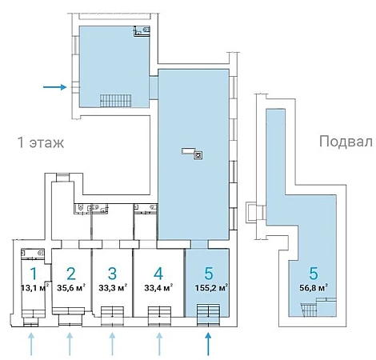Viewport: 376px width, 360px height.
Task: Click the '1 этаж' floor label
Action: click(x=41, y=142)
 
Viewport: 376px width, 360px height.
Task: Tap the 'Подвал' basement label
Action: click(x=346, y=142)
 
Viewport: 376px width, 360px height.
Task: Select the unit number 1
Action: click(x=34, y=273)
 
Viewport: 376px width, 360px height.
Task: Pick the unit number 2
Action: click(x=71, y=274)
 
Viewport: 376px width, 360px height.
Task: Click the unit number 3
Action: click(x=112, y=274)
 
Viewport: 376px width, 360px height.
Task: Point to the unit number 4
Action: click(x=158, y=274)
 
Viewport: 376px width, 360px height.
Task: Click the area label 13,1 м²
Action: click(x=34, y=288)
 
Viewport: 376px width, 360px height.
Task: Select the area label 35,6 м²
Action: click(x=71, y=288)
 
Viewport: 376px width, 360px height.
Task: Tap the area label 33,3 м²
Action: click(x=113, y=288)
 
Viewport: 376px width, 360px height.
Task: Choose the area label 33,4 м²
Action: click(x=158, y=288)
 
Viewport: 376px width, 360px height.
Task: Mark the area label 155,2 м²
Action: click(x=211, y=288)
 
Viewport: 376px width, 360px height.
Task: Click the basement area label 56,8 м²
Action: click(x=314, y=288)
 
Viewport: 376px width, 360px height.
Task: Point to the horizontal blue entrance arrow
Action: click(x=54, y=87)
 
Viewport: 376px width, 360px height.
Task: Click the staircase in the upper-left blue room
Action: click(x=116, y=101)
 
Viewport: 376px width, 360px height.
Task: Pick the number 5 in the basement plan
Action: click(x=314, y=274)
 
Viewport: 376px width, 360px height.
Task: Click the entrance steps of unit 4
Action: click(x=159, y=316)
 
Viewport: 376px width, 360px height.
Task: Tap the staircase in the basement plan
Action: click(x=310, y=310)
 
